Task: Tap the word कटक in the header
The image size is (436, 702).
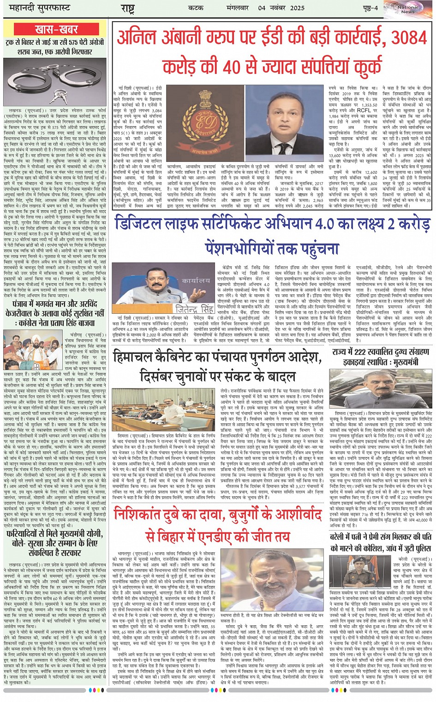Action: [x=196, y=8]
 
